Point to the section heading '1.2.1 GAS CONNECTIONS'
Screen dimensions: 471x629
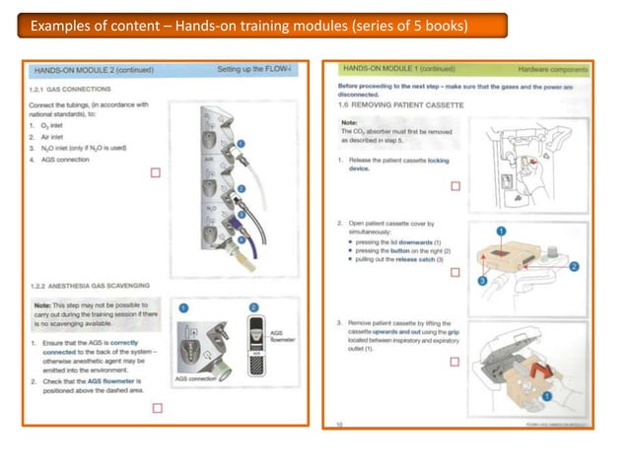[x=74, y=89]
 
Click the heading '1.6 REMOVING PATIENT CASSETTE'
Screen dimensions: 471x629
[x=399, y=104]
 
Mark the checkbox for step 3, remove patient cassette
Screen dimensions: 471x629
[x=454, y=362]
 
